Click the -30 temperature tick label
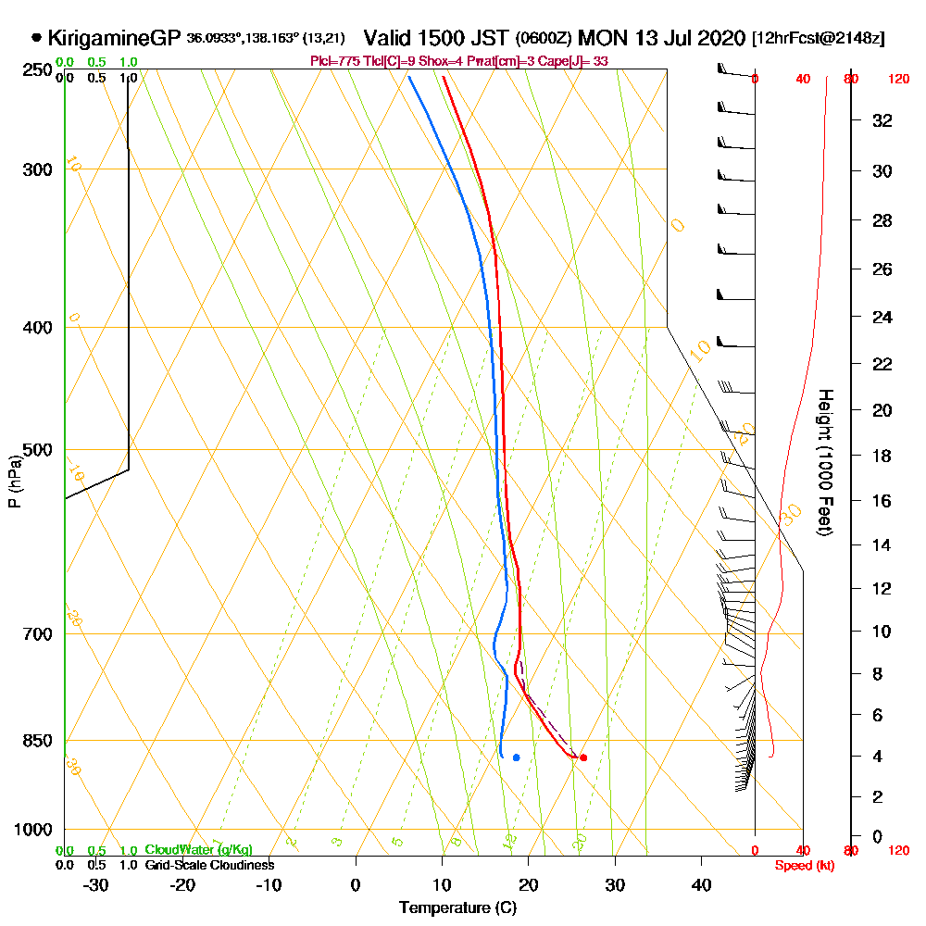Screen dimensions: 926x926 [96, 884]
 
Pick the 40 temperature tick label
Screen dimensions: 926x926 [701, 884]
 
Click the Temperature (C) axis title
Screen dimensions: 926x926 [457, 907]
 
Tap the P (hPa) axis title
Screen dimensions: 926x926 [14, 482]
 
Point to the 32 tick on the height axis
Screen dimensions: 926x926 [882, 120]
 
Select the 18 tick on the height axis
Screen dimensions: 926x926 [882, 456]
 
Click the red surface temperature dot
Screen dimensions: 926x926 [582, 757]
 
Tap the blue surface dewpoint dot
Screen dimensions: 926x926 [516, 757]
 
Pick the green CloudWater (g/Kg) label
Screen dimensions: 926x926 [198, 850]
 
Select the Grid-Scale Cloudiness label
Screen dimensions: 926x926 [209, 865]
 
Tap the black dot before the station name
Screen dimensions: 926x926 [36, 39]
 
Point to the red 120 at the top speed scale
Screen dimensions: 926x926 [897, 80]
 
